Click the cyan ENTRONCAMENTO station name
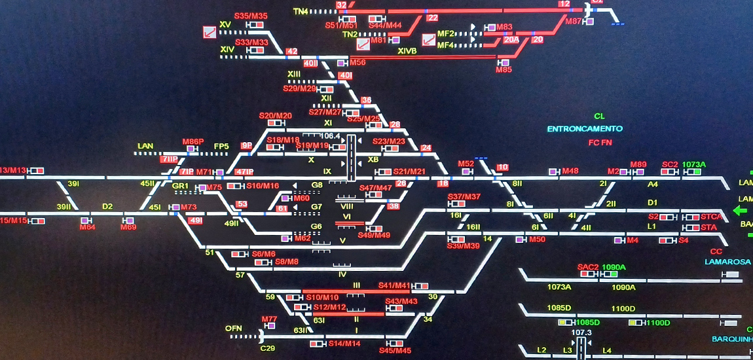[585, 129]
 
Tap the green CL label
[599, 117]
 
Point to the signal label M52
[466, 164]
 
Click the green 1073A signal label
[694, 164]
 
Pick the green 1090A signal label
[614, 267]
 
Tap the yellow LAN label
[145, 146]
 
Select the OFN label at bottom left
[234, 328]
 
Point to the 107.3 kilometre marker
[581, 333]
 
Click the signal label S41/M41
[394, 285]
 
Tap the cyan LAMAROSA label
[727, 262]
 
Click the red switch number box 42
[292, 52]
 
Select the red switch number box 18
[443, 184]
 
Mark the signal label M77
[270, 319]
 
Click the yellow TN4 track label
[301, 12]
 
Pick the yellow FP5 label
[221, 146]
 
